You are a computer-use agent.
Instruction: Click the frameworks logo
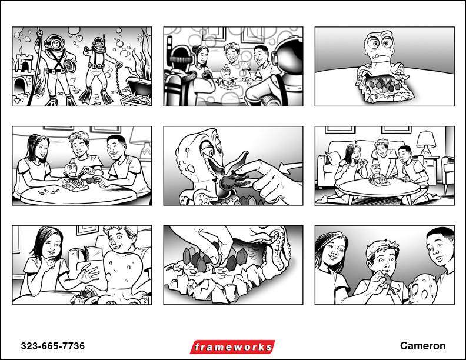point(232,347)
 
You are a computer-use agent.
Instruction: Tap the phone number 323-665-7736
point(53,346)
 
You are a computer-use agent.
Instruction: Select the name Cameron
point(422,346)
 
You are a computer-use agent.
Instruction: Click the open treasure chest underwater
point(139,91)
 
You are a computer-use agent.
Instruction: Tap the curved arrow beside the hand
point(292,171)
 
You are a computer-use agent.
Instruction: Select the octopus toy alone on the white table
point(383,67)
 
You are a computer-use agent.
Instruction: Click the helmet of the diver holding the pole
point(55,43)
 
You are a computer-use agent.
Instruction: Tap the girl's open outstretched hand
point(88,273)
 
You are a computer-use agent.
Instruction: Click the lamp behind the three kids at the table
point(143,141)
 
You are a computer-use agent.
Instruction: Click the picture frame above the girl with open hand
point(87,230)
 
